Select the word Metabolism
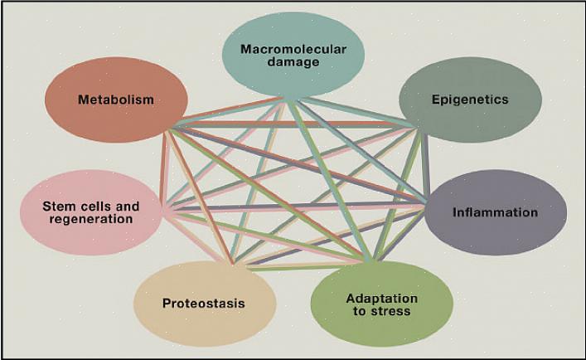click(116, 100)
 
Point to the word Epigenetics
click(470, 100)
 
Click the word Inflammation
click(495, 212)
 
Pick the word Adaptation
click(381, 299)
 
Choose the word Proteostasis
click(203, 304)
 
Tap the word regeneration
click(91, 220)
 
